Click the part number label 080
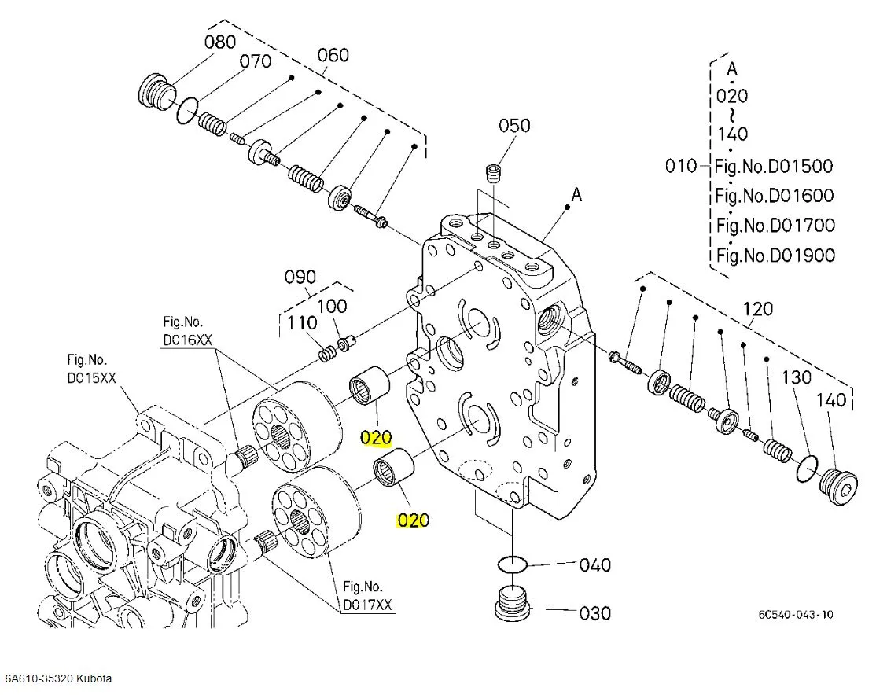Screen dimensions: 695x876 [220, 42]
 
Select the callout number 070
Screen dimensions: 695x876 [256, 61]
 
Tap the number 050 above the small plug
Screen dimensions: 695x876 [514, 126]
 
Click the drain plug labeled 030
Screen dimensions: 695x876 [513, 603]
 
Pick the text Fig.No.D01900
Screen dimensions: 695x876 [775, 255]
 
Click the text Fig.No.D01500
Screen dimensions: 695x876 [774, 166]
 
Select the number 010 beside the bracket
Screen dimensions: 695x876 [680, 166]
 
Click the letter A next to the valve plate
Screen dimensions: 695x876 [577, 195]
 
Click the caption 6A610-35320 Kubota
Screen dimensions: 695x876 [58, 678]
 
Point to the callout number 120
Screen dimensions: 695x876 [757, 309]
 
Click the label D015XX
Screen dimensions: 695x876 [91, 377]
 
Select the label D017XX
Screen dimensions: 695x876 [368, 605]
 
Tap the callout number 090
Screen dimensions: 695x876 [300, 277]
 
